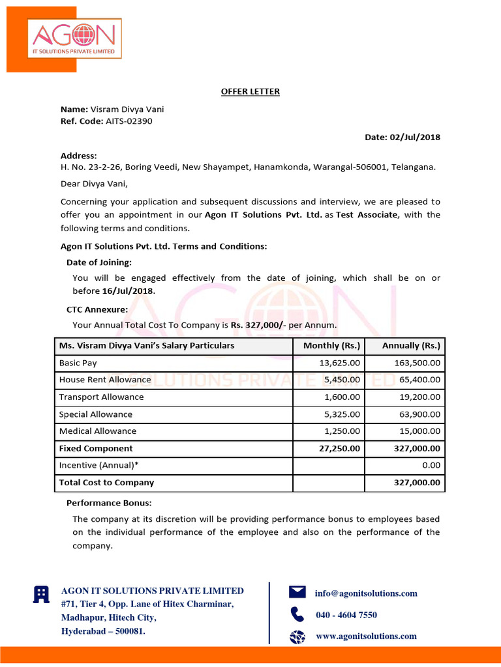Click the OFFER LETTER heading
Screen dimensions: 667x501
[250, 91]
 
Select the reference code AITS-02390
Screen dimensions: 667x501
[129, 121]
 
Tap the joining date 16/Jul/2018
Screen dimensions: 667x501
[129, 291]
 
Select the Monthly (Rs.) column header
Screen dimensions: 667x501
[331, 345]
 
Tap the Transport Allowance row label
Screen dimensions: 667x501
[101, 397]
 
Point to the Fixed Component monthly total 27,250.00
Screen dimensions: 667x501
[338, 448]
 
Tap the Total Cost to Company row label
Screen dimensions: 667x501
[106, 483]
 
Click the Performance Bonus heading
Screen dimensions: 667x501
[109, 503]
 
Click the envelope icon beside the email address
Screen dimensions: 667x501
[297, 591]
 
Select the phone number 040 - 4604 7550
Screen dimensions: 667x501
[346, 615]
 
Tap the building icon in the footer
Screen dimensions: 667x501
[41, 593]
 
